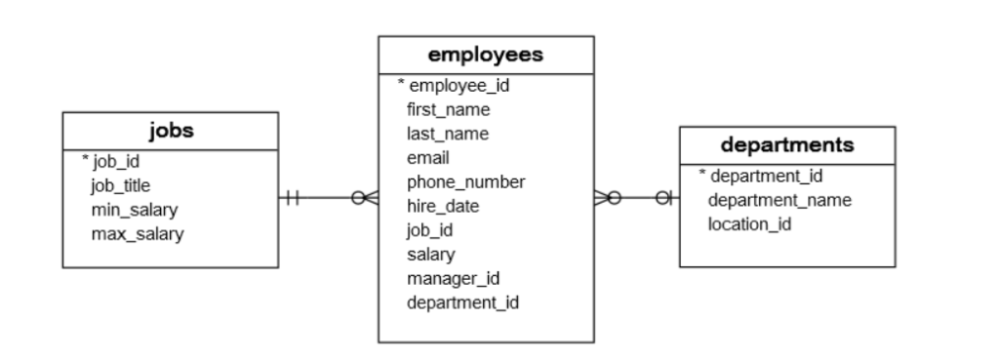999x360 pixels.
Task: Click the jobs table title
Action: tap(170, 131)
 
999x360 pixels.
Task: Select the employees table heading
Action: tap(486, 55)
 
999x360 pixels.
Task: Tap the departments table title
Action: tap(786, 144)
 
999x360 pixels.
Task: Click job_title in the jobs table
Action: tap(120, 184)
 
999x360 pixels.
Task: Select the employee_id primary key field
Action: tap(459, 85)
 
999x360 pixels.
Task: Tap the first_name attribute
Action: tap(448, 109)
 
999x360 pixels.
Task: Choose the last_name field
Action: tap(448, 134)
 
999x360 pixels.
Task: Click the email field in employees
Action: tap(428, 157)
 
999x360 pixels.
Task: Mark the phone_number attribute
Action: tap(465, 181)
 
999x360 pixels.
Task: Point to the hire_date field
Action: tap(442, 206)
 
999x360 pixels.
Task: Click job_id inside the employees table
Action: tap(429, 230)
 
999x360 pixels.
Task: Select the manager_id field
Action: tap(446, 278)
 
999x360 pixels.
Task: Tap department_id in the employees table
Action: tap(461, 302)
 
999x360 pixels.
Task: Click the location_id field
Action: tap(748, 224)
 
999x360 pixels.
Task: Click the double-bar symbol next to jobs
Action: tap(292, 199)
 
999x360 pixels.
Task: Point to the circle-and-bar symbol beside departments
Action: tap(664, 199)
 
